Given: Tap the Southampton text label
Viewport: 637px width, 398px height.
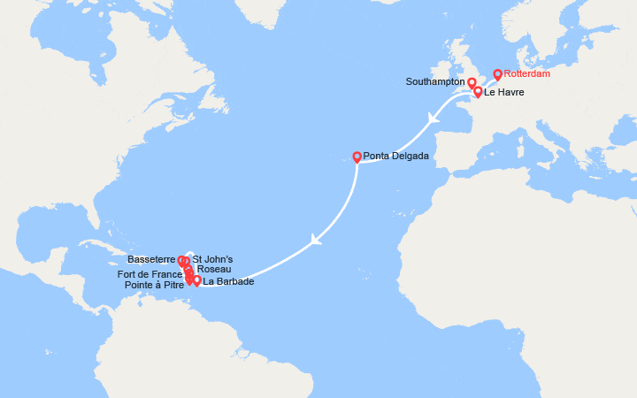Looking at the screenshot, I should pyautogui.click(x=435, y=81).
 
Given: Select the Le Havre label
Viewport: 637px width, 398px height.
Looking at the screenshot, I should pyautogui.click(x=503, y=92).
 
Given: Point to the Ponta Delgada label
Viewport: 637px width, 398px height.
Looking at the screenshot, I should pyautogui.click(x=396, y=156).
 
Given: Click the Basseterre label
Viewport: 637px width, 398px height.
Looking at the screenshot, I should pyautogui.click(x=152, y=260).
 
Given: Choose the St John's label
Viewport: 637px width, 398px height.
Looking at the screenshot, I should pyautogui.click(x=212, y=260).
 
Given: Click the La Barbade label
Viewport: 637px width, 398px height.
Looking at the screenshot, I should pyautogui.click(x=228, y=282).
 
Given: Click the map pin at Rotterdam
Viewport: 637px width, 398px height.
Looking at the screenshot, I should pyautogui.click(x=497, y=74).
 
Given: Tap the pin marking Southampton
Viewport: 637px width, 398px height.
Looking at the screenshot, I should pyautogui.click(x=472, y=82).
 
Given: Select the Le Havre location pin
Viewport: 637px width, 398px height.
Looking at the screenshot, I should pyautogui.click(x=478, y=91).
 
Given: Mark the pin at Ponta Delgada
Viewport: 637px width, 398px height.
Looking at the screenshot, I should pyautogui.click(x=357, y=157).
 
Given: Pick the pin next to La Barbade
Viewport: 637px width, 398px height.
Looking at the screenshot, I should pyautogui.click(x=196, y=280).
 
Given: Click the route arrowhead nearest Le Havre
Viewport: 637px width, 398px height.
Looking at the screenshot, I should pyautogui.click(x=434, y=119).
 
